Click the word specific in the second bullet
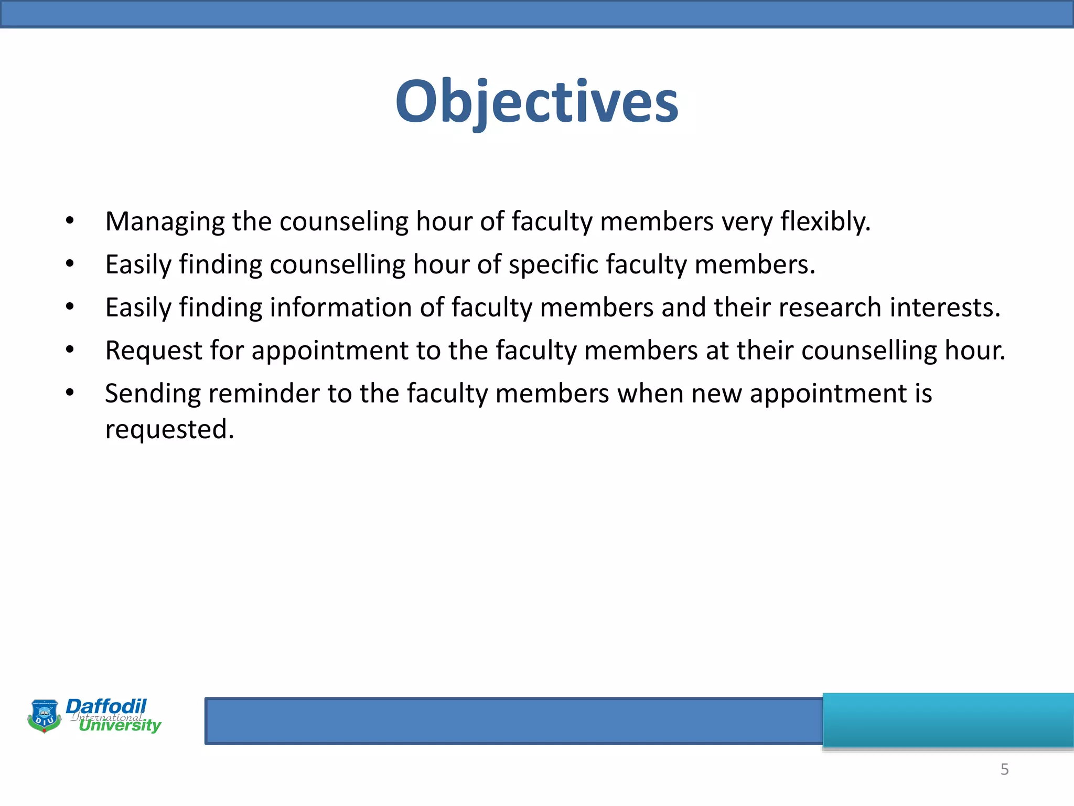(x=553, y=265)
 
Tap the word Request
(x=154, y=351)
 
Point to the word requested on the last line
(x=169, y=430)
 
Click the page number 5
(x=1004, y=769)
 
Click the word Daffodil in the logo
(x=106, y=706)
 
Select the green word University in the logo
(x=120, y=726)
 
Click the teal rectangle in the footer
(x=948, y=719)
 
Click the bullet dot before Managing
(x=70, y=221)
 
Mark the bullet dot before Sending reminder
(x=70, y=394)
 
